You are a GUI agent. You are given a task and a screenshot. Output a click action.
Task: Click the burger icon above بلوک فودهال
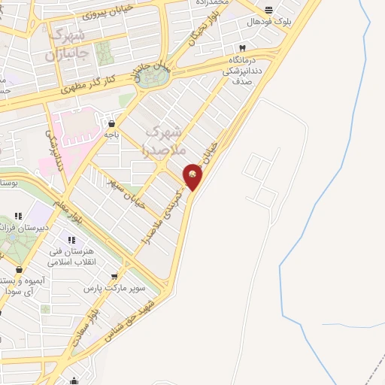269,10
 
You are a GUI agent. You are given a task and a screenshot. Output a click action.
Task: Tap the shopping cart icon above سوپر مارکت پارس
114,277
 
